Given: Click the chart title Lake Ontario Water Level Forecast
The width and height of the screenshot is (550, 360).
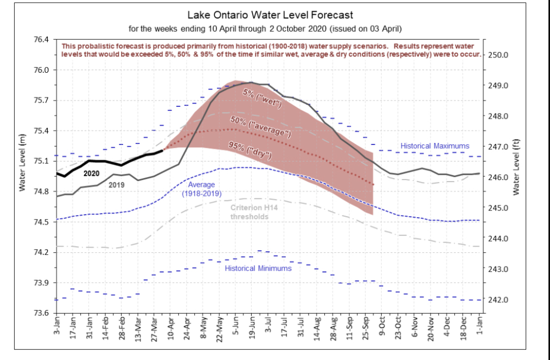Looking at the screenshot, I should (270, 15).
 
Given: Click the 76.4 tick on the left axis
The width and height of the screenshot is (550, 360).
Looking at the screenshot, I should (42, 40).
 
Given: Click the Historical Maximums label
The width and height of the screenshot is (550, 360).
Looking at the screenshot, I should (435, 146).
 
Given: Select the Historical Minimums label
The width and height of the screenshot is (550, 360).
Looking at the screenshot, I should (258, 268).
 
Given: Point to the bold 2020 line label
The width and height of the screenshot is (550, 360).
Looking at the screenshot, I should (91, 173).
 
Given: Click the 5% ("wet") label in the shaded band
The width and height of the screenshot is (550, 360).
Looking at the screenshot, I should (262, 98).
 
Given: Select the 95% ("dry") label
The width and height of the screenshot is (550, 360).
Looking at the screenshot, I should (250, 150).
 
